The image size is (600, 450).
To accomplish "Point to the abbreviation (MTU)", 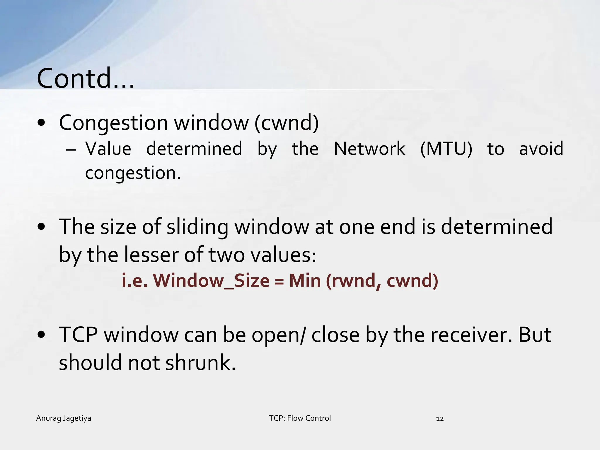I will (446, 149).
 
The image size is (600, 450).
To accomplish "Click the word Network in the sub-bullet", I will (369, 149).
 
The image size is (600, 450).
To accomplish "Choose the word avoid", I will (541, 149).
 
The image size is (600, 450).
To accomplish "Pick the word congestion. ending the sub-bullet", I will (133, 173).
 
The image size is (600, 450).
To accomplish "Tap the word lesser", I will (151, 254).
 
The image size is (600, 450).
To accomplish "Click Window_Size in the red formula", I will (211, 281).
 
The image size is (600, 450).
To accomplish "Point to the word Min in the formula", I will (305, 281).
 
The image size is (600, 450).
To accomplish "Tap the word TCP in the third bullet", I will (78, 335).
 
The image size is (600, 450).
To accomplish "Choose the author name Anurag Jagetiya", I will (64, 418).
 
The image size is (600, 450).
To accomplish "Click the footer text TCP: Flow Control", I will (300, 418).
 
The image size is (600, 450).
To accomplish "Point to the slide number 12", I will (440, 419).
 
